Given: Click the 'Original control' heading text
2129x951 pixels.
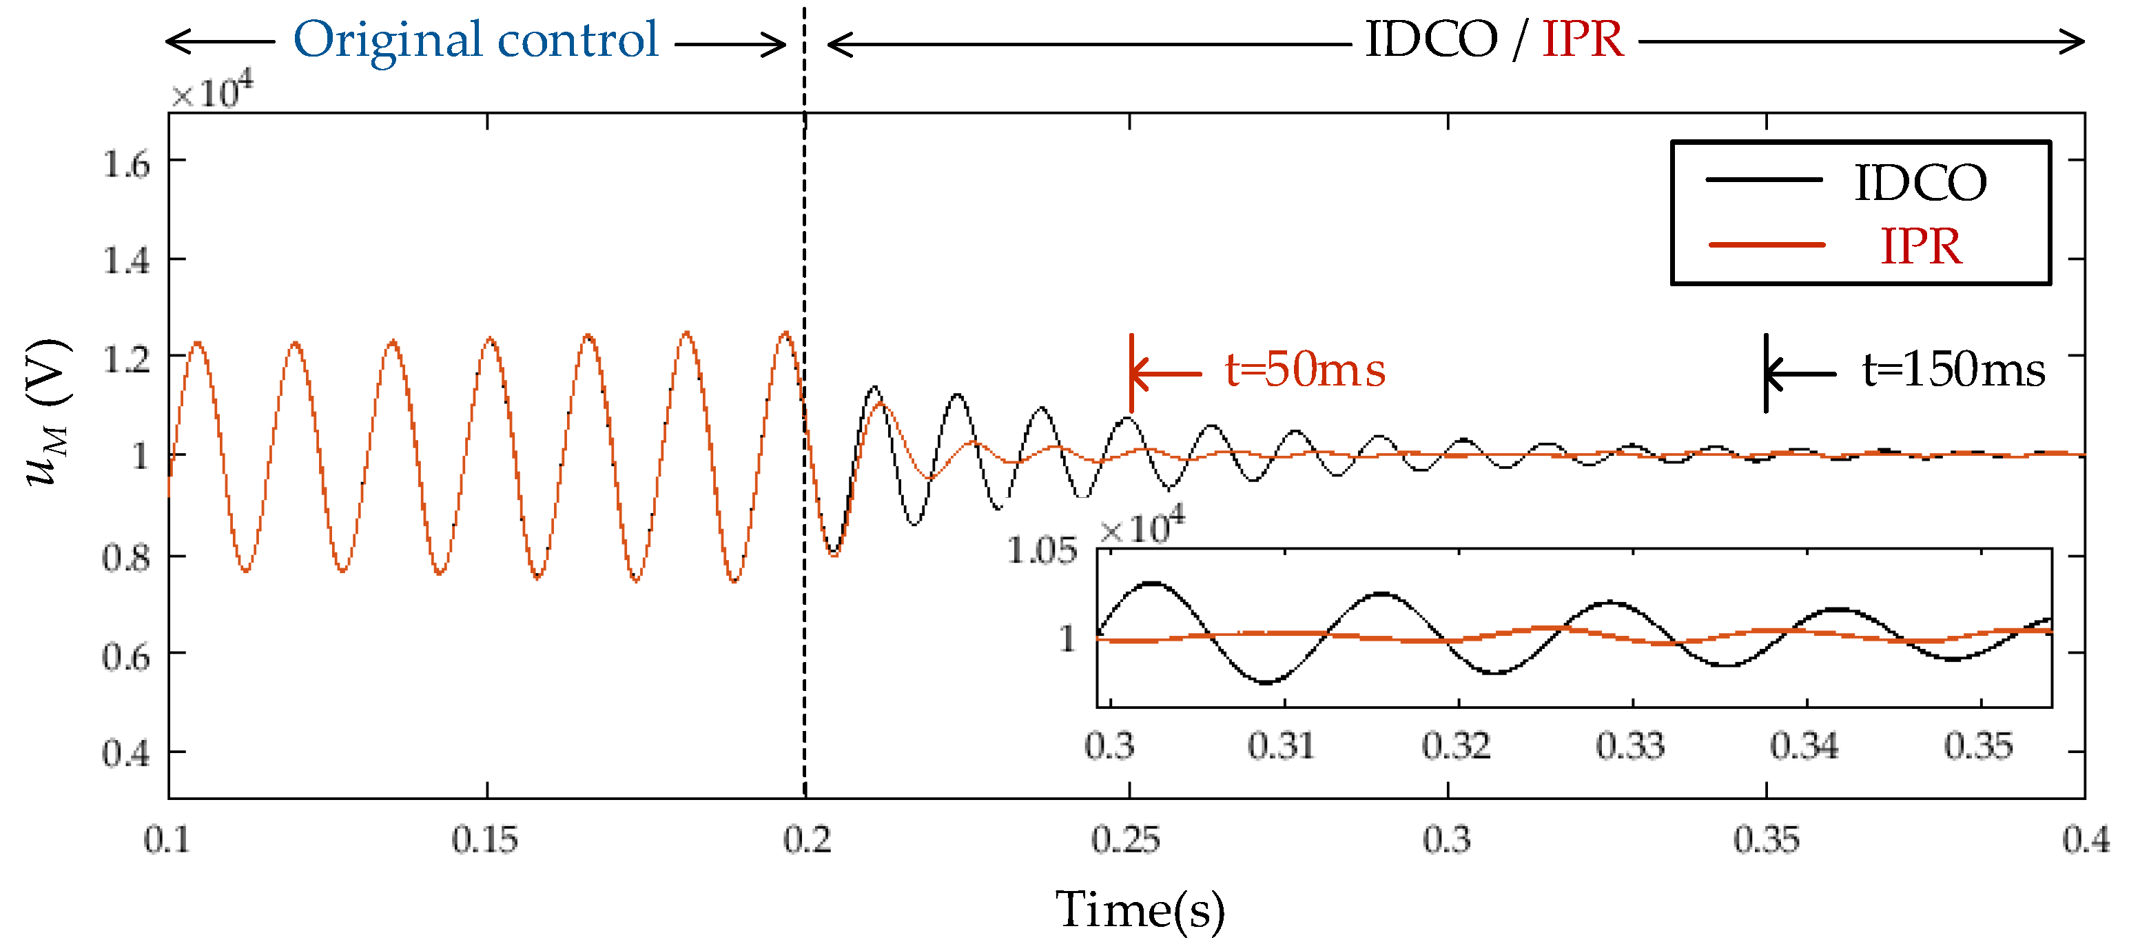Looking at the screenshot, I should [475, 40].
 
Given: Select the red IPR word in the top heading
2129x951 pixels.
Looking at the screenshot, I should [1582, 40].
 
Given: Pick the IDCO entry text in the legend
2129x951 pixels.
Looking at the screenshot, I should [1920, 183].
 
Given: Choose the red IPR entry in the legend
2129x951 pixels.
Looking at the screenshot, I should [1920, 246].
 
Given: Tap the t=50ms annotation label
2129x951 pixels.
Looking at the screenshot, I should [1304, 370].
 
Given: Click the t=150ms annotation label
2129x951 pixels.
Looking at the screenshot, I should [1953, 370].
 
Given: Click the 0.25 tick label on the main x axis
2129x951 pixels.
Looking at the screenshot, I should [1125, 840].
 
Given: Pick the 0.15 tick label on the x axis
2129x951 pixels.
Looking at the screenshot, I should [484, 840].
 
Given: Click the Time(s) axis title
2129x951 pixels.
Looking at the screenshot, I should [1140, 910].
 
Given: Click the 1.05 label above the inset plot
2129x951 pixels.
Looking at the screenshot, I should [1041, 551].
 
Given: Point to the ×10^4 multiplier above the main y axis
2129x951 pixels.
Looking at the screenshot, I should [212, 92].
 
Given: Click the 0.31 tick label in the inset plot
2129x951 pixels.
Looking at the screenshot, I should [1281, 746].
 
